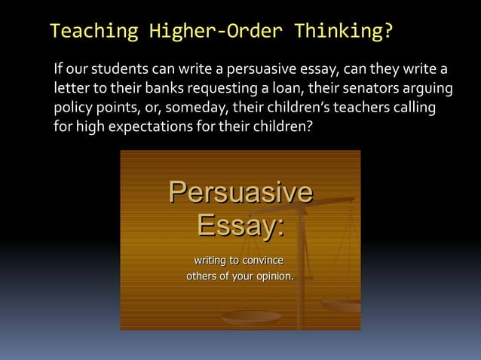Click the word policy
point(73,108)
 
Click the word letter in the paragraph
point(72,90)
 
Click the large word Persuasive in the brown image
point(240,192)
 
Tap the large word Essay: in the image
point(240,225)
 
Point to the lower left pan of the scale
point(251,317)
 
